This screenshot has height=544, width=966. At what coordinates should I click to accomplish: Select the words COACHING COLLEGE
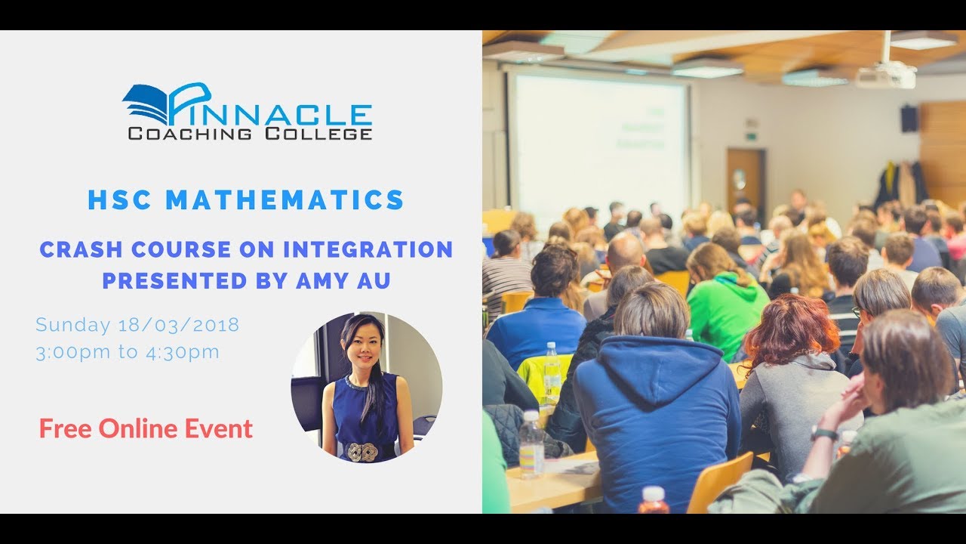(250, 134)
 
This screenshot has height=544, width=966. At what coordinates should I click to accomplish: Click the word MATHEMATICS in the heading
(285, 200)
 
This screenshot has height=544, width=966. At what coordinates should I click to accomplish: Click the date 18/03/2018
(179, 325)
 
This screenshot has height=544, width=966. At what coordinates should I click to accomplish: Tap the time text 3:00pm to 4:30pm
(128, 352)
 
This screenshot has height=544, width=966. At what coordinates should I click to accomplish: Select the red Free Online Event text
(146, 429)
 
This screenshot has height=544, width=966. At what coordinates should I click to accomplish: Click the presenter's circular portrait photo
(367, 386)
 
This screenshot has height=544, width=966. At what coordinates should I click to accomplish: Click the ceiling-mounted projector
(886, 74)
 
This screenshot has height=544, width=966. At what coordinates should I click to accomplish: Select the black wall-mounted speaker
(909, 119)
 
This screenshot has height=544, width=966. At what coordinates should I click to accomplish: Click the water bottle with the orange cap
(653, 499)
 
